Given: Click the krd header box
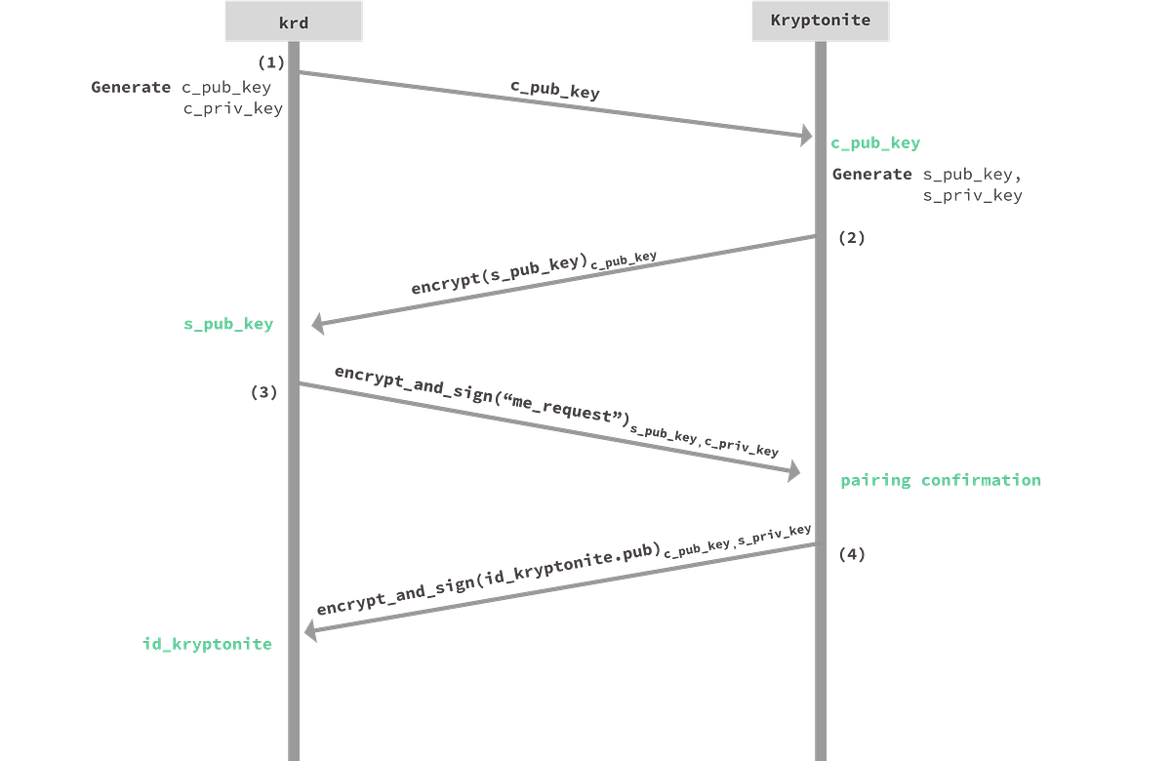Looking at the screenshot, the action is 294,21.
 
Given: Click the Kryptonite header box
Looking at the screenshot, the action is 821,20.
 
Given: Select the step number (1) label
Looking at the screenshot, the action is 271,62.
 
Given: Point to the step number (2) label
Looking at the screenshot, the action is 852,238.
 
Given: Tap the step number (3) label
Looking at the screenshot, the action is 264,392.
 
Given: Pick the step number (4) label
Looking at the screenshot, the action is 852,554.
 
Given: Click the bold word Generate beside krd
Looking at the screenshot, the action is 131,87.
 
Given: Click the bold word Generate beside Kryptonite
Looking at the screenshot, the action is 872,174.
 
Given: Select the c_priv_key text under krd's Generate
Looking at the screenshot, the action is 233,108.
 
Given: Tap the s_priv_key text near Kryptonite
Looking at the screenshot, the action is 972,195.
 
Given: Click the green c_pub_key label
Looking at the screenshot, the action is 875,142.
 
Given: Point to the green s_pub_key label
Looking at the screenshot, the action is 228,324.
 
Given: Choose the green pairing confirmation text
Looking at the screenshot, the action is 941,480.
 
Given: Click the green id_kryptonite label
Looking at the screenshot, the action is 208,644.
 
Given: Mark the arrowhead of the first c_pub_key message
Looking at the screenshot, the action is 807,136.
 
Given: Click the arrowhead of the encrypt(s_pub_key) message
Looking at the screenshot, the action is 317,324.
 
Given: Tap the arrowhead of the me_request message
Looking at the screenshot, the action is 794,471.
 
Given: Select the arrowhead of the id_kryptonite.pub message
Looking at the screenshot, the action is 310,631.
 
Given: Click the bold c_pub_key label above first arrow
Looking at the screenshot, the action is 555,90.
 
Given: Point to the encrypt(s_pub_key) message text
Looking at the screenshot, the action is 534,273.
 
